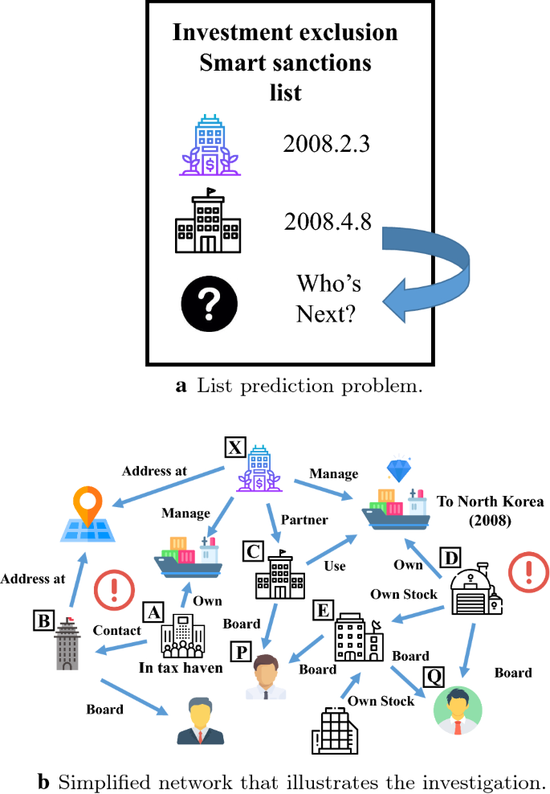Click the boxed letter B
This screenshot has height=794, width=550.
tap(42, 619)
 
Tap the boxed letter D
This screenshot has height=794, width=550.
tap(452, 556)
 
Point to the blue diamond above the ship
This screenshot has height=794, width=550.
tap(398, 471)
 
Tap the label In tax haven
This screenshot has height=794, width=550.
tap(181, 668)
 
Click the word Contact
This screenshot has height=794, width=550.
tap(117, 631)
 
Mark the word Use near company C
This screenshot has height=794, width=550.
tap(334, 566)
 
